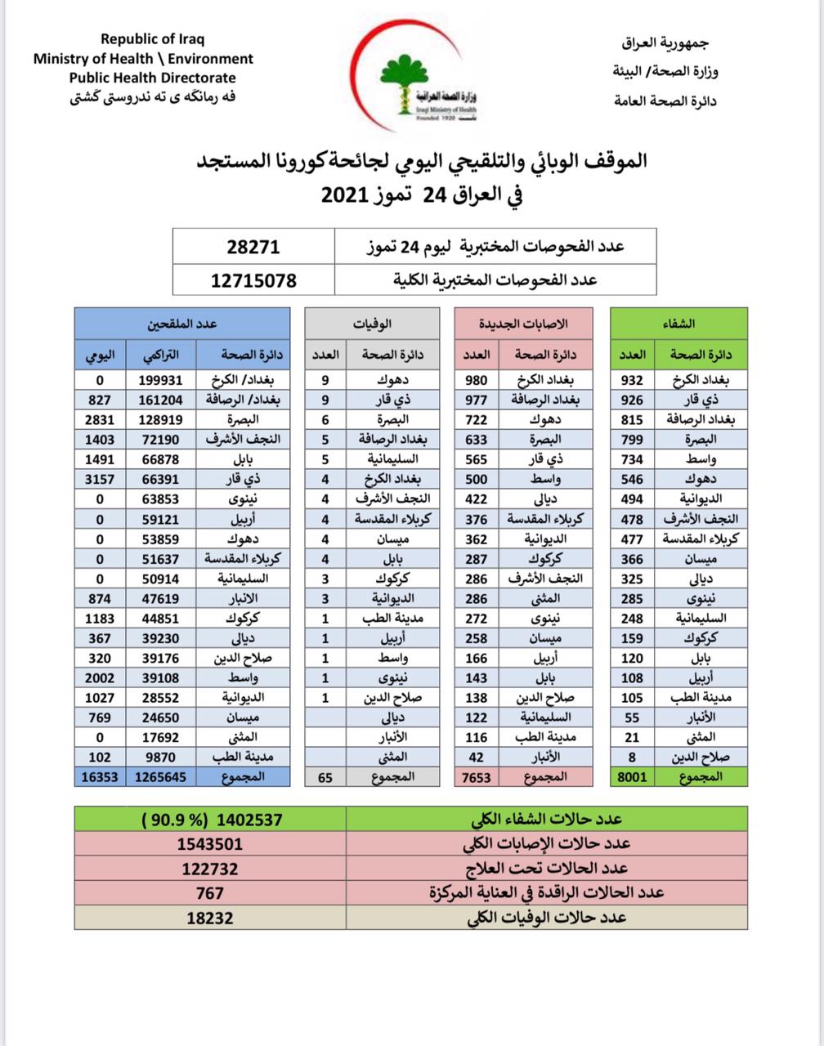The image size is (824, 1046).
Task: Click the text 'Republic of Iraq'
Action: click(152, 38)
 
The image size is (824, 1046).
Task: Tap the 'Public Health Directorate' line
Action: click(152, 78)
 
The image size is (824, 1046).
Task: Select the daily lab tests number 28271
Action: click(253, 247)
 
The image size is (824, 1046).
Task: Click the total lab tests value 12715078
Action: click(253, 280)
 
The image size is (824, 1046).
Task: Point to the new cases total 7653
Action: click(477, 777)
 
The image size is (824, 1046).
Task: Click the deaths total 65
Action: click(325, 777)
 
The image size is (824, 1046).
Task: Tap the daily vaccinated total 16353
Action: click(99, 777)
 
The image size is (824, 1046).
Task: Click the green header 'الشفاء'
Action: click(678, 324)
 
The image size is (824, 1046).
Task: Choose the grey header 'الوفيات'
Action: click(372, 324)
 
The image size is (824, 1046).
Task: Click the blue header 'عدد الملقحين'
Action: click(181, 324)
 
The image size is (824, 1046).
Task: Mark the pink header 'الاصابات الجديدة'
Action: click(524, 324)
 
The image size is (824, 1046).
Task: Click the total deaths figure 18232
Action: click(210, 918)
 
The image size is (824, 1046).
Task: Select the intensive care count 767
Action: click(210, 893)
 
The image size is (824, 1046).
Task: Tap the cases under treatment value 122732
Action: click(210, 869)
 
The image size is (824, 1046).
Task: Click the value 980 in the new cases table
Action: click(477, 380)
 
